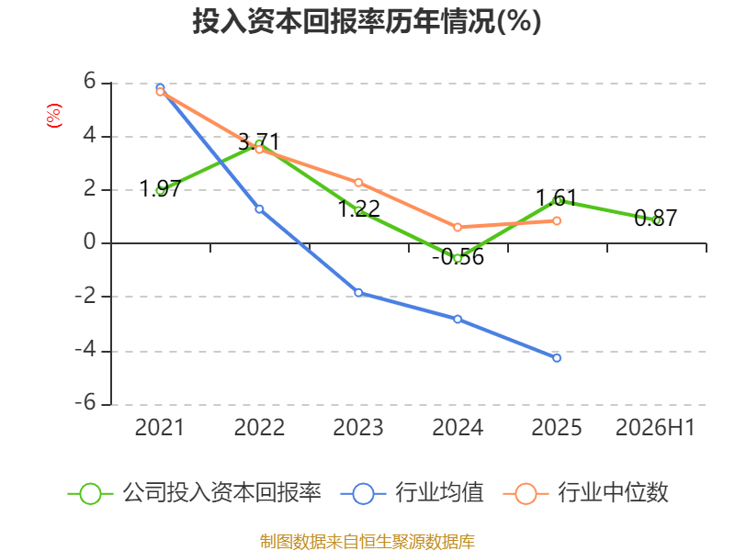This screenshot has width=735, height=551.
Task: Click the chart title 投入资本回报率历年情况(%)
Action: pos(367,21)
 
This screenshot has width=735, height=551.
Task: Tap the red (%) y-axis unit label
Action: pos(54,116)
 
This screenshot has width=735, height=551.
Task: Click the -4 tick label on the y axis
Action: pos(85,350)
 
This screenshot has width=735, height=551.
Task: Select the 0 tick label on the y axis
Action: pos(89,242)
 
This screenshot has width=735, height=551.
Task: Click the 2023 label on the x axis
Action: pos(358,427)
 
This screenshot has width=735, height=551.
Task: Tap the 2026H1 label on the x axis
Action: pos(655,427)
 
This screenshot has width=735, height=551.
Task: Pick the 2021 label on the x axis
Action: pos(160,427)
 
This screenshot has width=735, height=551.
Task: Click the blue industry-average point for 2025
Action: pos(557,358)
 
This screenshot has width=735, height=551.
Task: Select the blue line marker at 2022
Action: pos(259,209)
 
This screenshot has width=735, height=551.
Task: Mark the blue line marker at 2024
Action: pos(458,319)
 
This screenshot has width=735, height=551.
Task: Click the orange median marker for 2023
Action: pos(358,182)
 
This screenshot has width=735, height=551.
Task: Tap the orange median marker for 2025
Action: pos(557,220)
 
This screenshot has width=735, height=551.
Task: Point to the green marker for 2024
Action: pos(458,258)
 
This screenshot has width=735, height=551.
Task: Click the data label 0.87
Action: pos(655,218)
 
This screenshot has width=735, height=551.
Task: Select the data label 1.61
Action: pos(557,198)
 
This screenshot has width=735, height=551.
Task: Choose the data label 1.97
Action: pos(160,188)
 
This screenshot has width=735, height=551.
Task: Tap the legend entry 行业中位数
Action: pos(585,493)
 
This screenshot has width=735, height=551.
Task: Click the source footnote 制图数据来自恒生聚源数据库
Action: pos(367,542)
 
